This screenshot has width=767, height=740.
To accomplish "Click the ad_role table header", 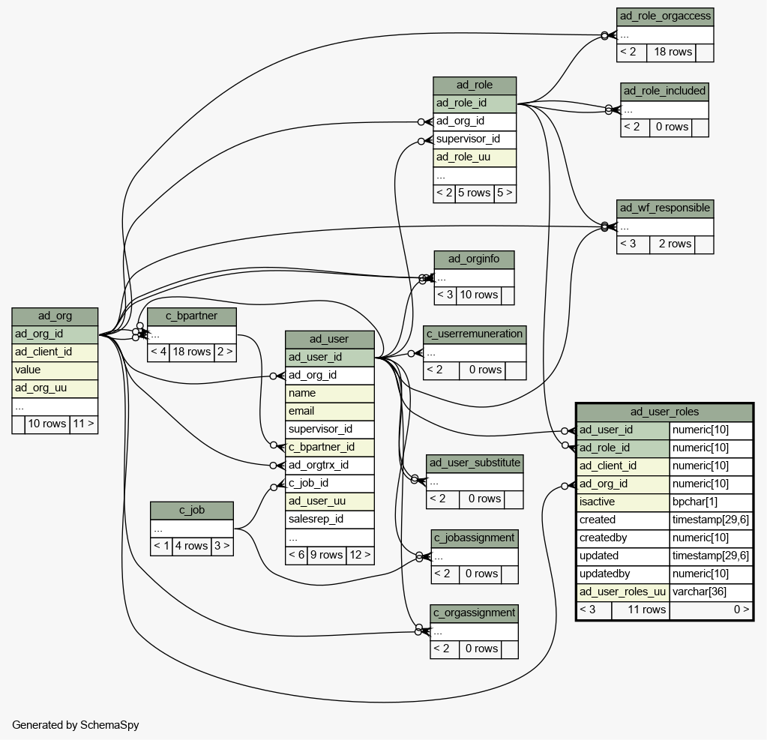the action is [475, 85].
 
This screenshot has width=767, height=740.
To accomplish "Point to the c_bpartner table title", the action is [192, 316].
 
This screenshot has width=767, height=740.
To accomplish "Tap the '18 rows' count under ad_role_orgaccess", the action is [673, 52].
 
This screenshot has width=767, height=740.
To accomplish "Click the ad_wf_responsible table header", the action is [665, 208].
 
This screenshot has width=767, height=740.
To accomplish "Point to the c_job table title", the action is [192, 510].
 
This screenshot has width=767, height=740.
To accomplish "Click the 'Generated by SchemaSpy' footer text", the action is [75, 725].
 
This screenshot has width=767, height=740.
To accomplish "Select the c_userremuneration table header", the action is [475, 334].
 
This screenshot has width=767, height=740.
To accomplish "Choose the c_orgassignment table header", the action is [475, 613].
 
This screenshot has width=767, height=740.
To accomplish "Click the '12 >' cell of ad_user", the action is [361, 555].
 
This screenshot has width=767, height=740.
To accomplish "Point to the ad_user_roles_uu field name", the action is [623, 592].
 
